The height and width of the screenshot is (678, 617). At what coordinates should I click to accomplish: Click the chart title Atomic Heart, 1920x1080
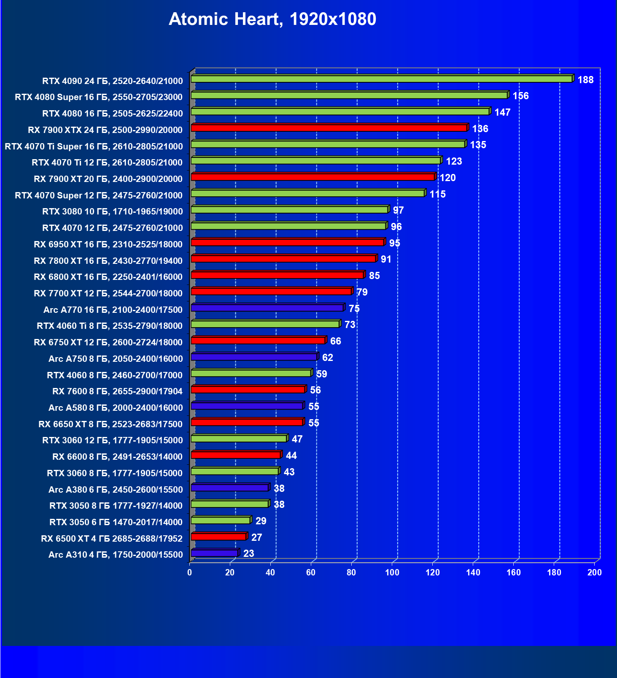[x=272, y=19]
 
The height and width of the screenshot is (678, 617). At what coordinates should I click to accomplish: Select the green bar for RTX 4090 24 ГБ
[x=381, y=79]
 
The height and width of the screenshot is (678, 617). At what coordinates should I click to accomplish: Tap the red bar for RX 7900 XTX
[x=329, y=128]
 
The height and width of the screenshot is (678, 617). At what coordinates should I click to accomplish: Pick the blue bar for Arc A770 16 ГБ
[x=267, y=308]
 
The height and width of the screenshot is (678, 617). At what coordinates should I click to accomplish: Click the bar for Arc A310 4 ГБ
[x=215, y=553]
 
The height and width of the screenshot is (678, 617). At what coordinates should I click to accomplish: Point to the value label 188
[x=585, y=80]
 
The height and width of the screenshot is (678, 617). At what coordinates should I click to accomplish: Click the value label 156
[x=520, y=96]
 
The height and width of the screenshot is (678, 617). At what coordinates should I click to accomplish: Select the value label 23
[x=249, y=553]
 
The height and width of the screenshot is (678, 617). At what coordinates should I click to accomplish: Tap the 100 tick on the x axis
[x=392, y=572]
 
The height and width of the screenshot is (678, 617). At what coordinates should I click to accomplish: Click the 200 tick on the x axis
[x=595, y=572]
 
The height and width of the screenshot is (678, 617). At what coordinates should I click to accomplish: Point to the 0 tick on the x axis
[x=190, y=572]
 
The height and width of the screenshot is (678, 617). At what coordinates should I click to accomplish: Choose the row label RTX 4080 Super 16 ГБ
[x=99, y=97]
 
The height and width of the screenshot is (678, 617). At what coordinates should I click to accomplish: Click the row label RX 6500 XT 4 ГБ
[x=112, y=539]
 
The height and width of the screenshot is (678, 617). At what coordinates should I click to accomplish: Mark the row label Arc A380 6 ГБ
[x=116, y=490]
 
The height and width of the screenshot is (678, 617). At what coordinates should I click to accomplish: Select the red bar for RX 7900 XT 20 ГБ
[x=313, y=177]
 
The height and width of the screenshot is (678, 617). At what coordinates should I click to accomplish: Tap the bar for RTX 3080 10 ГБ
[x=289, y=210]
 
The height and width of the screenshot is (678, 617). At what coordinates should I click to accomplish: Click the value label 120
[x=447, y=178]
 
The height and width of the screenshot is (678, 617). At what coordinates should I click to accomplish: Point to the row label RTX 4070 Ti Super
[x=94, y=146]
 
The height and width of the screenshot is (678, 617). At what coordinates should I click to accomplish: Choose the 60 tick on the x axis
[x=311, y=572]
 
